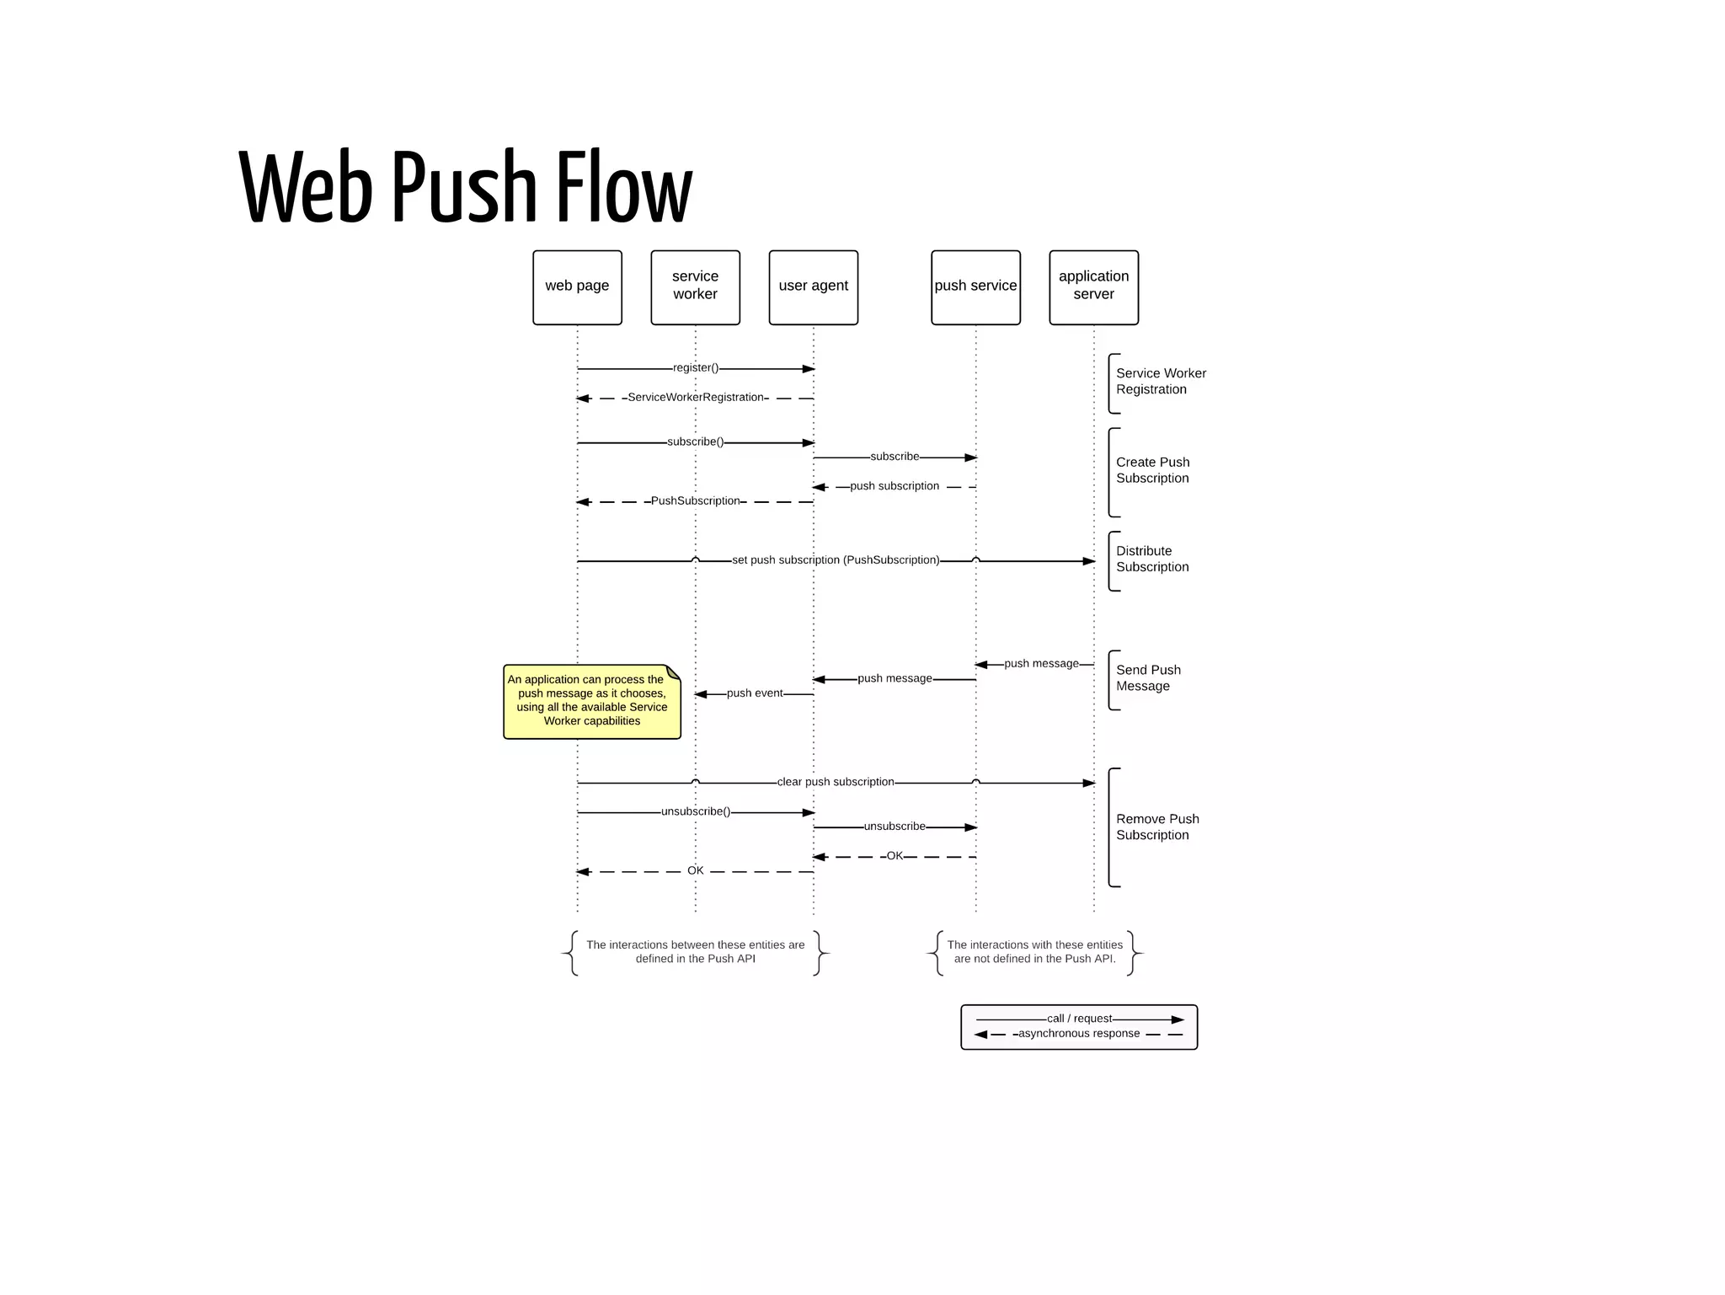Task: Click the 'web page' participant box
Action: pos(577,286)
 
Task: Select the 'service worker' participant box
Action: pos(695,286)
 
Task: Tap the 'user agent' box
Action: pos(813,286)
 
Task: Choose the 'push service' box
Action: pos(975,286)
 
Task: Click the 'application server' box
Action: pos(1093,286)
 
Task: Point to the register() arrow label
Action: pos(696,368)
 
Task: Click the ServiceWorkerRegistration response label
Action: pos(696,398)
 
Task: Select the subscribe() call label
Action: pos(696,442)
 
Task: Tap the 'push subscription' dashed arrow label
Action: pos(894,486)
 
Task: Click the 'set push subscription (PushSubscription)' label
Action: pos(835,560)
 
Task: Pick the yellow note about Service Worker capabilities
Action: pos(591,701)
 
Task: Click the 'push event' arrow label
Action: pos(755,693)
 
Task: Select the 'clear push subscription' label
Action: pos(835,782)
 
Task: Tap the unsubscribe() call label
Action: pos(696,811)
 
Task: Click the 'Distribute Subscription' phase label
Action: pos(1151,559)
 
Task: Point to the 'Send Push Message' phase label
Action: pos(1147,678)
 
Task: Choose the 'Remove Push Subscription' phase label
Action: pos(1156,827)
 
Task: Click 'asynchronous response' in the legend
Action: pos(1078,1034)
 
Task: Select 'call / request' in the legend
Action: pos(1078,1019)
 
